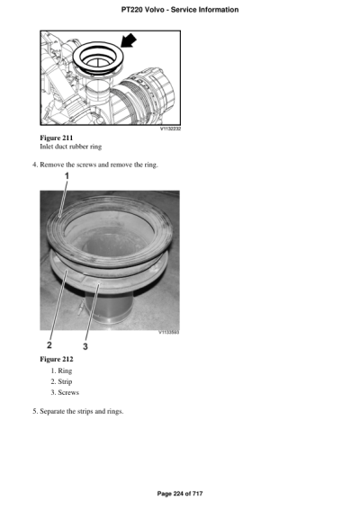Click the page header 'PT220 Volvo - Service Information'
179,10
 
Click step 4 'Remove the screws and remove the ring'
94,165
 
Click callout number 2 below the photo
50,344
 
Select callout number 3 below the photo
85,344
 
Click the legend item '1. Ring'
64,371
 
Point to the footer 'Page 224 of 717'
179,494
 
